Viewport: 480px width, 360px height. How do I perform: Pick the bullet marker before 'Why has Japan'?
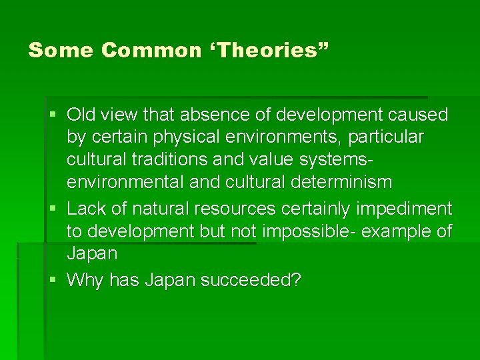(53, 280)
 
